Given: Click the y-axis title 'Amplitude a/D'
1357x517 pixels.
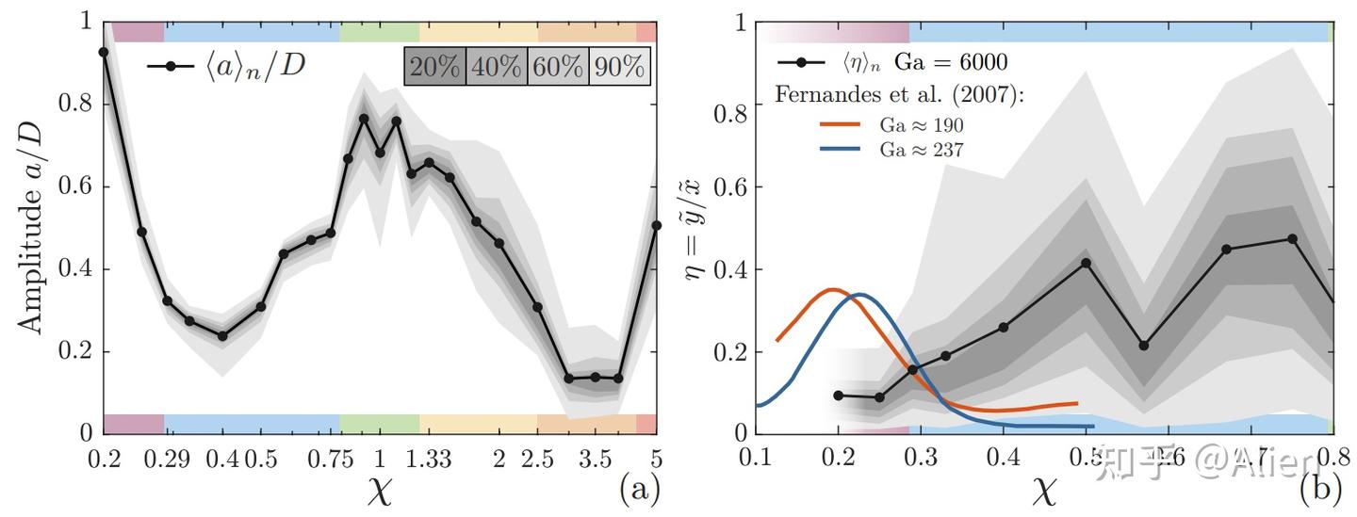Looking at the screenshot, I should coord(31,226).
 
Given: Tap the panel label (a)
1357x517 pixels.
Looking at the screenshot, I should coord(638,489).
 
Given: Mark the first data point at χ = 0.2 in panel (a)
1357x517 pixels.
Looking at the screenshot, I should coord(104,52).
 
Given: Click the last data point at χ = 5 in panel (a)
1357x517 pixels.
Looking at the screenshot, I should coord(657,225).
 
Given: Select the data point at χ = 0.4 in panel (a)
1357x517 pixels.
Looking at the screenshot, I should coord(222,335).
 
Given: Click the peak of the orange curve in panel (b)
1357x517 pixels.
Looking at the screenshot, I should coord(831,289).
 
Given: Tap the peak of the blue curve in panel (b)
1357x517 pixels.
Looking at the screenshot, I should coord(860,294).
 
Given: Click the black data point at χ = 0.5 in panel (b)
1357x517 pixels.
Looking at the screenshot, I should coord(1086,262).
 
